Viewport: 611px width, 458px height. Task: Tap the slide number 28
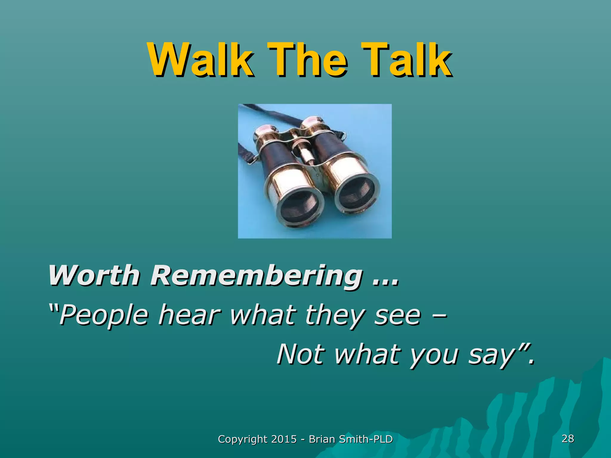click(568, 438)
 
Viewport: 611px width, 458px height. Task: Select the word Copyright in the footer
click(243, 439)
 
